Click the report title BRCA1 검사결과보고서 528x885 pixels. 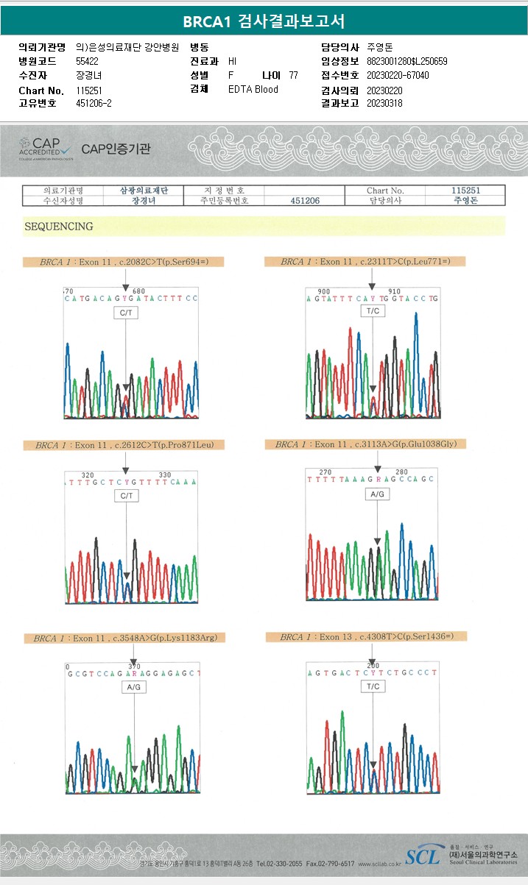point(264,21)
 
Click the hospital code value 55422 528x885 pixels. point(88,61)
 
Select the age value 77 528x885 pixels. point(293,75)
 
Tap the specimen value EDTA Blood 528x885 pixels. point(253,89)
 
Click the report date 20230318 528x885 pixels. point(384,103)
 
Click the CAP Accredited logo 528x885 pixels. point(46,148)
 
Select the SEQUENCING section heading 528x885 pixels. point(59,227)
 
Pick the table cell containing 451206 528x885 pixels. point(305,200)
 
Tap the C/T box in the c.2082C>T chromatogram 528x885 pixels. point(125,313)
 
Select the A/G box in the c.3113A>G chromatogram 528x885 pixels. point(377,494)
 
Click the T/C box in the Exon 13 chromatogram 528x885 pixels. point(373,686)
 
